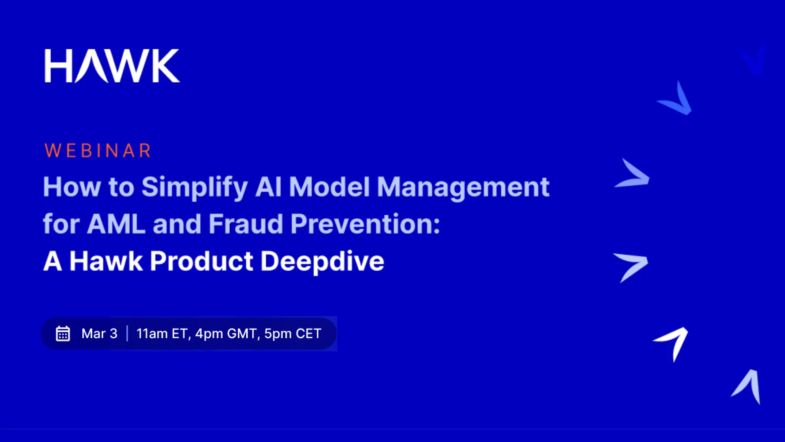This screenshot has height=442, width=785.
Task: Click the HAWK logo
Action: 112,66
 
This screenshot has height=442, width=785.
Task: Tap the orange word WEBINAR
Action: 98,151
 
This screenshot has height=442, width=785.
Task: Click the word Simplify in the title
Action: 195,187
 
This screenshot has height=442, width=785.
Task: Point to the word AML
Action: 116,224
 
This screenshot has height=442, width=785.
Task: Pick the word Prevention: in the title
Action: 365,224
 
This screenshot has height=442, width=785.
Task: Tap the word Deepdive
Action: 322,261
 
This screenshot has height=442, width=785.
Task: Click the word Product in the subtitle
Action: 201,261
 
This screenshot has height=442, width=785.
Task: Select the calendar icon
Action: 63,334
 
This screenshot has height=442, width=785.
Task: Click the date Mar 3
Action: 99,334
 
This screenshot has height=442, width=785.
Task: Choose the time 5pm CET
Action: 293,334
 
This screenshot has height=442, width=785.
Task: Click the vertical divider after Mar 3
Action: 127,334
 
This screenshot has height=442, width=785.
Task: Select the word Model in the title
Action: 329,187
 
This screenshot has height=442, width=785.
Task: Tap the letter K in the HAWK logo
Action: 166,66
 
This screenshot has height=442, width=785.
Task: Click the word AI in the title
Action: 268,187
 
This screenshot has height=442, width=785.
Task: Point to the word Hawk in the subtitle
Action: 106,261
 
